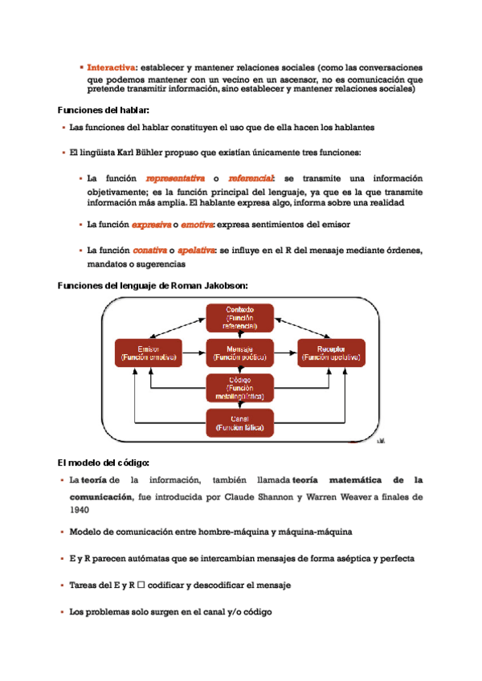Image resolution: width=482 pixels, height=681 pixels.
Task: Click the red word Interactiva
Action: tap(111, 67)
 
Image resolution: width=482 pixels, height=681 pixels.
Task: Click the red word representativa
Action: tap(175, 178)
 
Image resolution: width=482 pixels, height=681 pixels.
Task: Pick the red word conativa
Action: tap(150, 251)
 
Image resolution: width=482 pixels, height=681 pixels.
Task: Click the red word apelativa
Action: tap(196, 251)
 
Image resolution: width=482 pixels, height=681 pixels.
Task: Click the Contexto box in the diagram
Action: tap(240, 318)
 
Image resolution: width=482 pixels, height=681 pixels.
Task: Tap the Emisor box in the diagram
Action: tap(149, 353)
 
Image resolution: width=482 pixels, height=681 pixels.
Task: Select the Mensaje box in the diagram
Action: tap(240, 353)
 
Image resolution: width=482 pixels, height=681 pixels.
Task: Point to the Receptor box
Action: tap(331, 353)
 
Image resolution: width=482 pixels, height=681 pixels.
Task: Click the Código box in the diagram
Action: tap(240, 387)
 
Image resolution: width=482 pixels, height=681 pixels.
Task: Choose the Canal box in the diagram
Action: tap(240, 423)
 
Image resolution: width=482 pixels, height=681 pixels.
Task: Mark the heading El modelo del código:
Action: tap(104, 463)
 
